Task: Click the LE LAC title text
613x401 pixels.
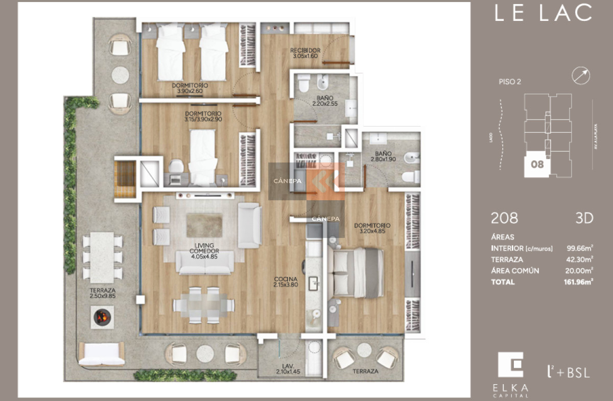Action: (x=543, y=14)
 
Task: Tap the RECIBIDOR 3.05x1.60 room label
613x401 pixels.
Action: (x=305, y=53)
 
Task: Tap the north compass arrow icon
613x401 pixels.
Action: (x=581, y=76)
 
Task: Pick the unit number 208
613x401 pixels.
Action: (x=504, y=218)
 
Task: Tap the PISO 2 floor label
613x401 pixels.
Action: (x=509, y=81)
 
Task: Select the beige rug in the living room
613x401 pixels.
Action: (x=204, y=225)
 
